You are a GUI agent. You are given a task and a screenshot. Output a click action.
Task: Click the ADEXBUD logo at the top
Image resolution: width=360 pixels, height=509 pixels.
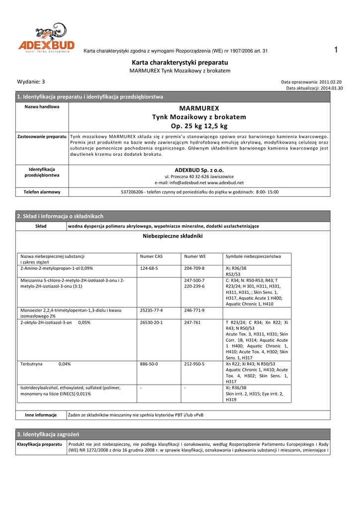[x=46, y=39]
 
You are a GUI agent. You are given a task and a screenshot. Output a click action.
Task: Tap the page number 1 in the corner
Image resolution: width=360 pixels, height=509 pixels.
[x=336, y=49]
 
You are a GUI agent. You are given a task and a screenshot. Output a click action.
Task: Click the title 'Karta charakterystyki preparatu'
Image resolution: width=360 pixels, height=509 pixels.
[x=180, y=63]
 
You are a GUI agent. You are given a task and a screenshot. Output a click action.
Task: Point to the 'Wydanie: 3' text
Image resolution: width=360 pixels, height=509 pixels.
[x=31, y=82]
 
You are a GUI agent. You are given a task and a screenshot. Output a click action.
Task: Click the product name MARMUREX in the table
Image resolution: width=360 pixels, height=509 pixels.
[x=199, y=107]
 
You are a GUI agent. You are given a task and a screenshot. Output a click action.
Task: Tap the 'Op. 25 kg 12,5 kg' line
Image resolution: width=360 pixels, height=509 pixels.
[x=199, y=126]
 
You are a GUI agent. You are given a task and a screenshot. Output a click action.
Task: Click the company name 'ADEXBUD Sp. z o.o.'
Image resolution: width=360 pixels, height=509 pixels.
[x=199, y=170]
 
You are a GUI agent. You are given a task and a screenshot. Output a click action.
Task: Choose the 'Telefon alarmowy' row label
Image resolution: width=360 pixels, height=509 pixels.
[x=42, y=192]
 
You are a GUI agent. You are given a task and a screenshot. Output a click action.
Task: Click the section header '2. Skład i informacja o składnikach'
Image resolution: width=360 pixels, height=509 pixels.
[x=60, y=216]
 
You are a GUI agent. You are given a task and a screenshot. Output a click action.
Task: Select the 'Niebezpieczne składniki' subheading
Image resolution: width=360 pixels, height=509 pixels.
[x=173, y=236]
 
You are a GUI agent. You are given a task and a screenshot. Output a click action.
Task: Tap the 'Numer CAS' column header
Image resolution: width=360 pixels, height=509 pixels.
[x=151, y=256]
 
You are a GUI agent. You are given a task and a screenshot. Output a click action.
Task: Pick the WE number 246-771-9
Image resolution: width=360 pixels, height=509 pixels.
[x=194, y=310]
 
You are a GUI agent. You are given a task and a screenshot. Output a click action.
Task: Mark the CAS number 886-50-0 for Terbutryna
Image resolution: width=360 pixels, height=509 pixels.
[x=150, y=364]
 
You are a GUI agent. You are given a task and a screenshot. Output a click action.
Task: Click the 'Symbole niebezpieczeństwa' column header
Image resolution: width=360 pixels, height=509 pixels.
[x=253, y=256]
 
